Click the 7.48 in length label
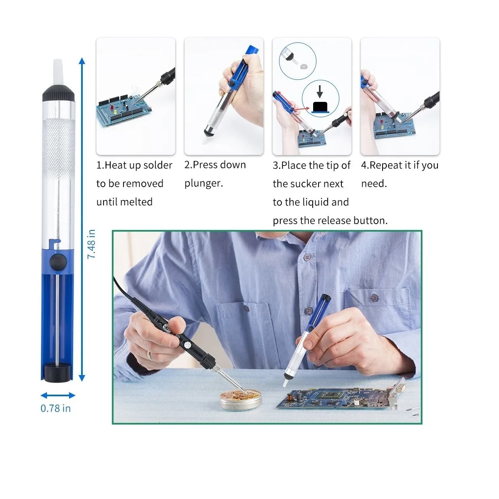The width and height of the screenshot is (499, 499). [91, 244]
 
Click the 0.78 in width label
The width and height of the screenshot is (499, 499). [56, 408]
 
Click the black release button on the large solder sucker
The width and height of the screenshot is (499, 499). [58, 262]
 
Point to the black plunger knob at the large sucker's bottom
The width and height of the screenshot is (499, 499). [57, 373]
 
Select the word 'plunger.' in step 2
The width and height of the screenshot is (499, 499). [203, 184]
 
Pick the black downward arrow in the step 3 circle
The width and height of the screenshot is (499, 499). [320, 91]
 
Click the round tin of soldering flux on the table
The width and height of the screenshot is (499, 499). [241, 400]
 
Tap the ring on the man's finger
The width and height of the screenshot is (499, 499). [150, 355]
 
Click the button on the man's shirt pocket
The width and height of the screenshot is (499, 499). [374, 298]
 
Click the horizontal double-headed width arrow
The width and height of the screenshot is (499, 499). [58, 395]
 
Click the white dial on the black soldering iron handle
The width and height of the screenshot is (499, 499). [186, 345]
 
